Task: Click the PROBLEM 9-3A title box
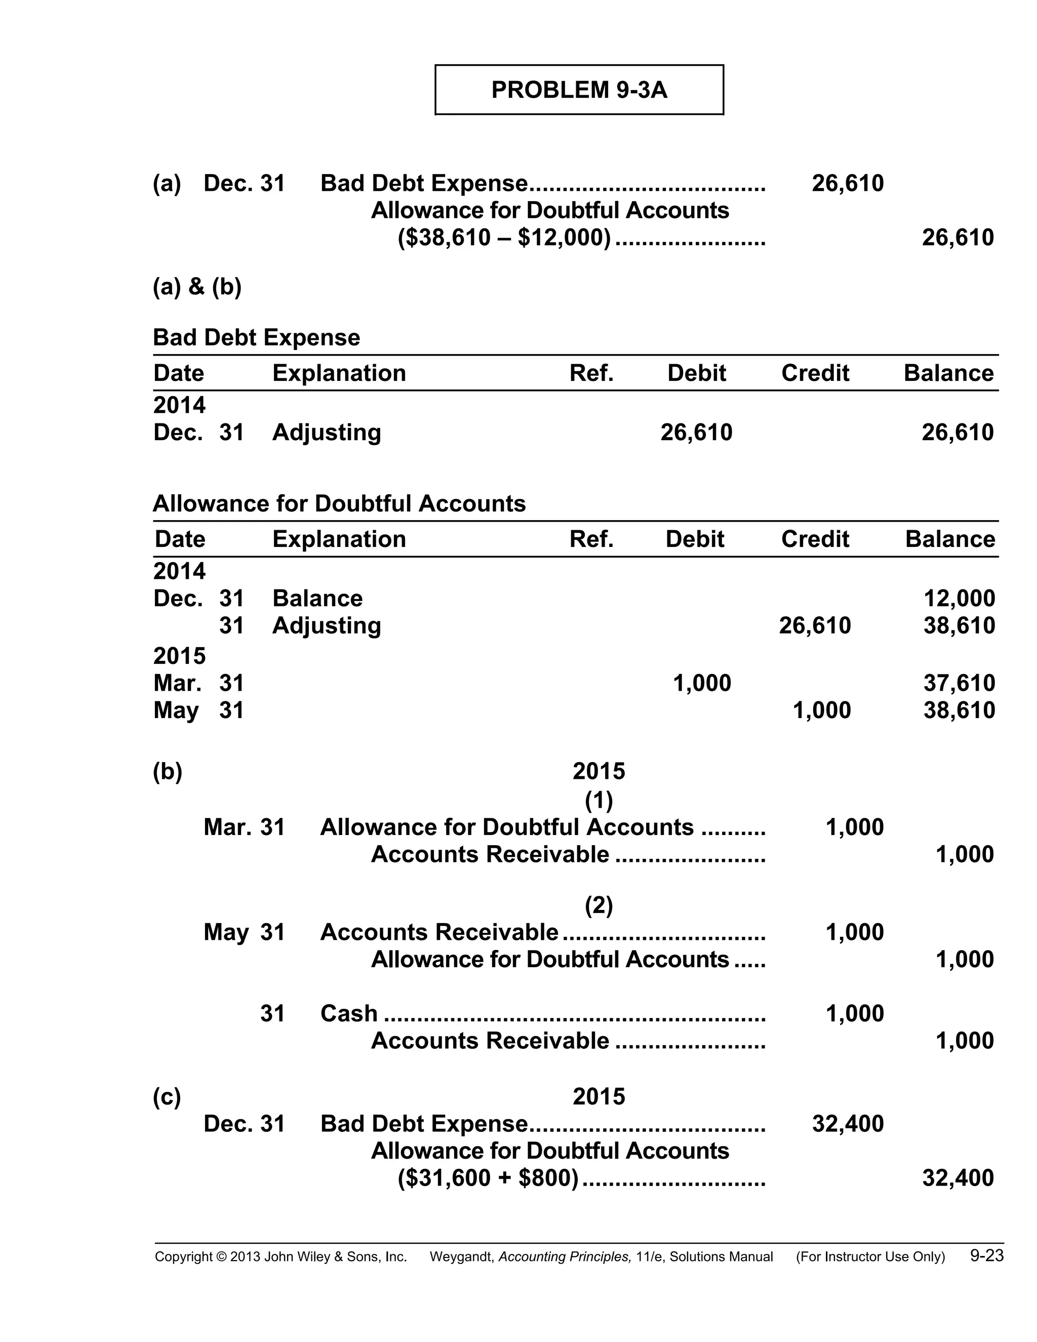[579, 90]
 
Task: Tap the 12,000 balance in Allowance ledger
[959, 598]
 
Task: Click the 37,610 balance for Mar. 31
[959, 683]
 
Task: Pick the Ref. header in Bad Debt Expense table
[591, 373]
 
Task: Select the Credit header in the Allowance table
[815, 539]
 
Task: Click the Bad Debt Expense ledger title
[256, 337]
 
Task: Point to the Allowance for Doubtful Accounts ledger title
[339, 503]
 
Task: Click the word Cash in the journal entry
[348, 1013]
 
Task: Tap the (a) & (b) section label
[197, 286]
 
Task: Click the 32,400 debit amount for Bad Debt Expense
[847, 1123]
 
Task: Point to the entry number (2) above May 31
[599, 904]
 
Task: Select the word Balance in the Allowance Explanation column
[317, 598]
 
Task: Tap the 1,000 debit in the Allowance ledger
[702, 683]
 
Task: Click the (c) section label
[167, 1096]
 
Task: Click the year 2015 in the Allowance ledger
[179, 656]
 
